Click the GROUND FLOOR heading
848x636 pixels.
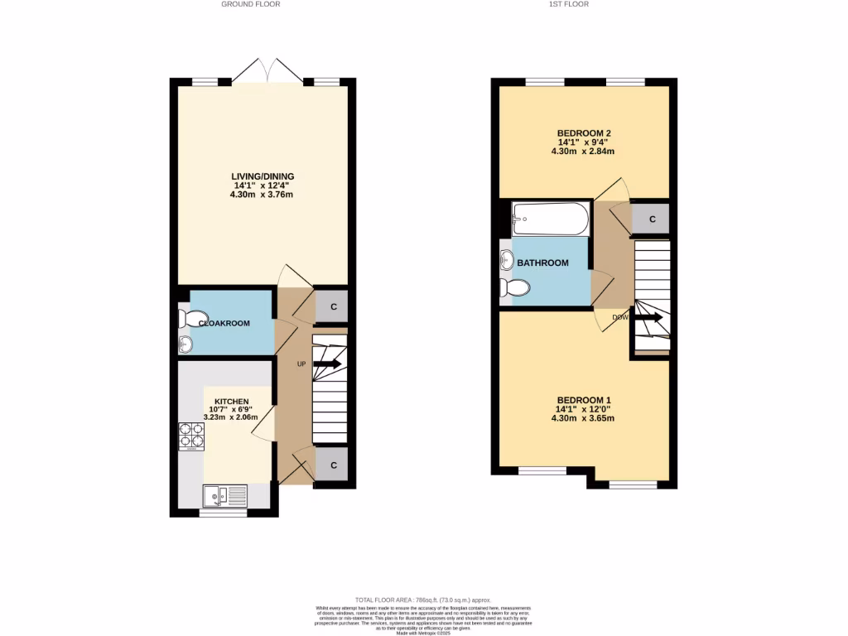[251, 4]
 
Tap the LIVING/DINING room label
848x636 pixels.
[263, 176]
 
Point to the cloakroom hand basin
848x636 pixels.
[185, 344]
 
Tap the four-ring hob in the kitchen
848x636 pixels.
[190, 436]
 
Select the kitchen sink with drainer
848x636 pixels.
[224, 496]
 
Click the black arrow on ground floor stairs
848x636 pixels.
[328, 364]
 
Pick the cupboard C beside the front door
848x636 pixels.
[333, 465]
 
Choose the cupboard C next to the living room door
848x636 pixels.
[333, 307]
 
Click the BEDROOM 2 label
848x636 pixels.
[584, 133]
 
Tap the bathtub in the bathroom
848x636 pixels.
[550, 219]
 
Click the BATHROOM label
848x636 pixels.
[542, 263]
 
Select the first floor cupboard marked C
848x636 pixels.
[653, 219]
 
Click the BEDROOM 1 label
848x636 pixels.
[584, 399]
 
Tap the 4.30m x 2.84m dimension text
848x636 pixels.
[584, 152]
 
